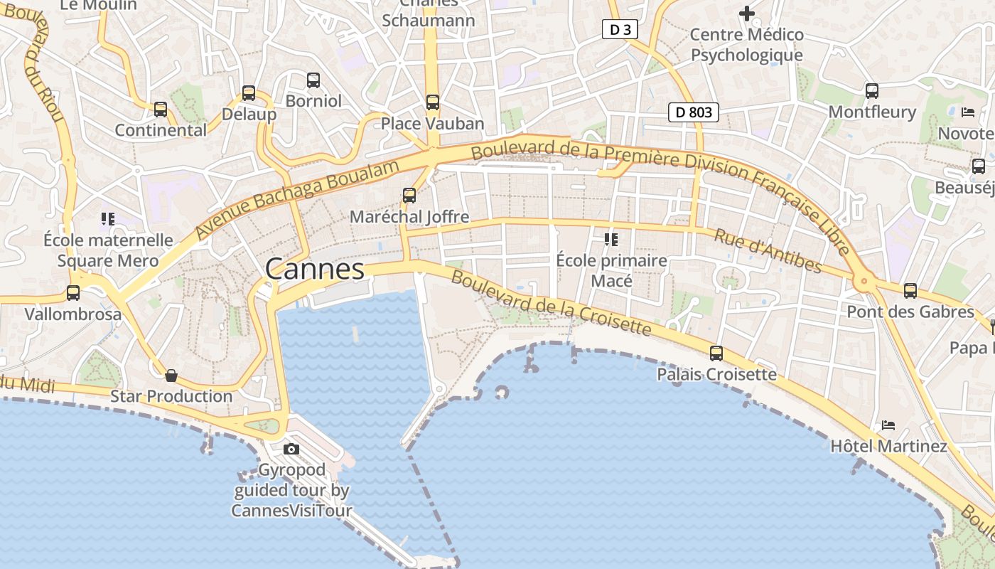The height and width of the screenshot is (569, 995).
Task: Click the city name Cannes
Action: click(315, 270)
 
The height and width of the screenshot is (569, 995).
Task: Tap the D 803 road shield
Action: click(694, 112)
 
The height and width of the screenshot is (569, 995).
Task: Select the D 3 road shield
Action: click(620, 29)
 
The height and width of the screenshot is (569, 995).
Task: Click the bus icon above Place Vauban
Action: click(433, 102)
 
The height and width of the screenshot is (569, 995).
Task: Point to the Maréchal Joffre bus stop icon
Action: click(409, 196)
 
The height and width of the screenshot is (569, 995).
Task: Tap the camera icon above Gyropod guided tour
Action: click(291, 449)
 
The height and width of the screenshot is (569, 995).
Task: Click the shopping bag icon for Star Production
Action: click(171, 376)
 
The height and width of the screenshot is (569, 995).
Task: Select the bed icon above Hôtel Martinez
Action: click(888, 425)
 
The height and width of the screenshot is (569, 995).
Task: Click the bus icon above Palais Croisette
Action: click(716, 353)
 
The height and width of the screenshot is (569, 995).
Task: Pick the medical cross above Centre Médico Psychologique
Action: click(747, 13)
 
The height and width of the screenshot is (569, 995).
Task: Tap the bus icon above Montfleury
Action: click(872, 91)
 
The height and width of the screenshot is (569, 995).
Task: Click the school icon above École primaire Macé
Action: click(611, 240)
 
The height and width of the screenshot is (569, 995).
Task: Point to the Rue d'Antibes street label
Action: click(768, 251)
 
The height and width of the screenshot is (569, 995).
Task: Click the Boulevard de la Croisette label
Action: click(551, 303)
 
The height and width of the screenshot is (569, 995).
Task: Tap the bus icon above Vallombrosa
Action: click(73, 293)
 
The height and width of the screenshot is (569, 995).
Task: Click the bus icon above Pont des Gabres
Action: click(910, 291)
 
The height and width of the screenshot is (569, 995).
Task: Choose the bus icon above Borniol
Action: click(313, 80)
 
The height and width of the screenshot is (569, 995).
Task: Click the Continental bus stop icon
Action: click(161, 110)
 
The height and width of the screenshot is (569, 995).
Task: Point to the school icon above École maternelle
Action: click(108, 219)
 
